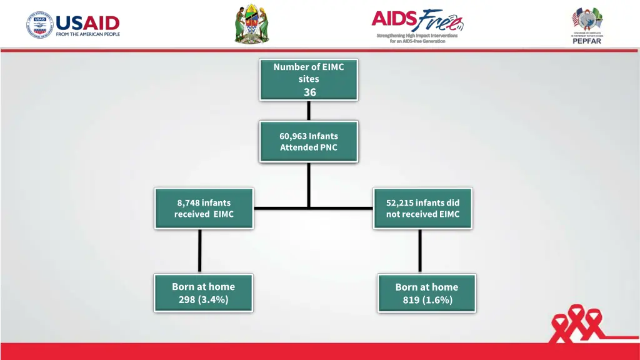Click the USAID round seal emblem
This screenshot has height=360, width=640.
pos(39,26)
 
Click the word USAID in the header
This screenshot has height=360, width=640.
pos(87,23)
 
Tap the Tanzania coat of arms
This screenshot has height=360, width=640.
pos(251,25)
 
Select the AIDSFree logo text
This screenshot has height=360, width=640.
pos(417,20)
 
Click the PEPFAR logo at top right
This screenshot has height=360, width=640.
pos(586,25)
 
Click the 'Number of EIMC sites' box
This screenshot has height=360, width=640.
pos(309,79)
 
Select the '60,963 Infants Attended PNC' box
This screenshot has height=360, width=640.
pos(309,142)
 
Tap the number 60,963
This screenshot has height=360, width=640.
pos(292,136)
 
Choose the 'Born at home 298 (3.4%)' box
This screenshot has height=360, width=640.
pos(204,292)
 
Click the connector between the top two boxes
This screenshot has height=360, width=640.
pos(309,110)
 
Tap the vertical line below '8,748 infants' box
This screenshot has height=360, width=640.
pos(200,251)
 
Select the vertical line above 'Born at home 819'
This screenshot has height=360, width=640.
pos(420,251)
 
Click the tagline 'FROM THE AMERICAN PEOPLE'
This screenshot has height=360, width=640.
pos(87,34)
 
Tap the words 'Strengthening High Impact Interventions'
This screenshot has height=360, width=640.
pos(417,36)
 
